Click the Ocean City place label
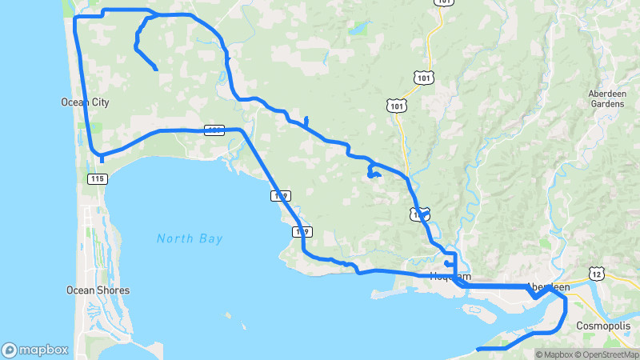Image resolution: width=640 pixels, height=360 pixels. click(x=85, y=102)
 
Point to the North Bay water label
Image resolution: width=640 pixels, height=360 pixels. click(x=190, y=238)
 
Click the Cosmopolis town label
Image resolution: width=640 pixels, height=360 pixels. click(x=603, y=326)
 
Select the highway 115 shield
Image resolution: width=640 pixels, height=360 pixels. click(x=98, y=178)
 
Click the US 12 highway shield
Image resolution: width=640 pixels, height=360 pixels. click(x=597, y=274)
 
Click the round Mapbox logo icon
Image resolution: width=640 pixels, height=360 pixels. click(x=10, y=350)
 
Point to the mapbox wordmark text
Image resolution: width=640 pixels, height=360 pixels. click(x=43, y=350)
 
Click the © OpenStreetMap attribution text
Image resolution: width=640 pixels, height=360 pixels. click(x=606, y=354)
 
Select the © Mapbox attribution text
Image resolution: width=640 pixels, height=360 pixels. click(x=554, y=354)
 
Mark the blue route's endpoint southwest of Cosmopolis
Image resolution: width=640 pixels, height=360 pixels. click(x=477, y=350)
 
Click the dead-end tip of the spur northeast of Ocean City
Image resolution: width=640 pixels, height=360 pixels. click(x=156, y=71)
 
